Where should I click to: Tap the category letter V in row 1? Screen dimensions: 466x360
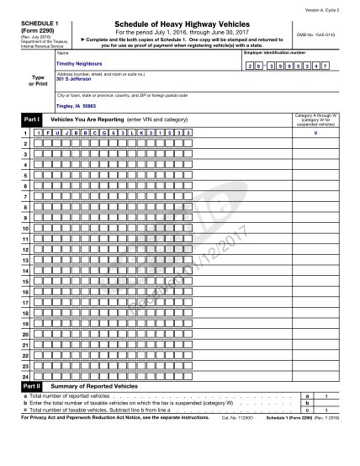tap(315, 133)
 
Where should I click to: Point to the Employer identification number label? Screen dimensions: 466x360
tap(274, 52)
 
